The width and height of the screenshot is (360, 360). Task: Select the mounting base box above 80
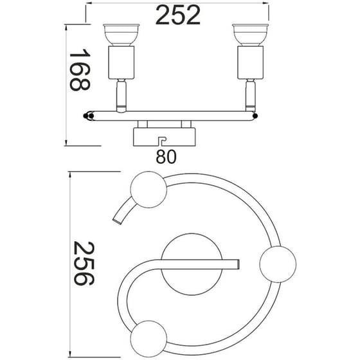tap(163, 136)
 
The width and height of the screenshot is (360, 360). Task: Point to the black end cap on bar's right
tap(256, 116)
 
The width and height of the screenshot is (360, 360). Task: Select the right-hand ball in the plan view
tap(278, 262)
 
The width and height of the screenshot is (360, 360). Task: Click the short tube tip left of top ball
tap(117, 222)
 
